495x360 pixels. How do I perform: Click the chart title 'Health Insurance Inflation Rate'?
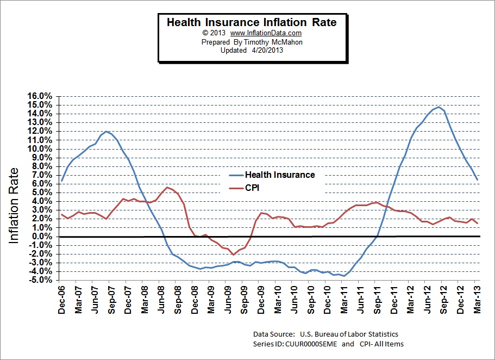[x=251, y=22]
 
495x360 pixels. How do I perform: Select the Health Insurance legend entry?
[x=279, y=175]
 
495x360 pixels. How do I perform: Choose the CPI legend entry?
[x=253, y=188]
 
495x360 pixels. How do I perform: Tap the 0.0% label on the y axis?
[x=41, y=237]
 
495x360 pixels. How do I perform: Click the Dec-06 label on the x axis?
[x=62, y=300]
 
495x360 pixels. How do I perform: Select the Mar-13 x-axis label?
[x=477, y=300]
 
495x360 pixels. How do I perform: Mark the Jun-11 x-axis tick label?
[x=359, y=300]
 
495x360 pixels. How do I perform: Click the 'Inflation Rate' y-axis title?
[x=15, y=205]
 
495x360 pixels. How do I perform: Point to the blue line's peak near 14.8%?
[x=438, y=107]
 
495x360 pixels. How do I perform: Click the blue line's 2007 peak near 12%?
[x=107, y=132]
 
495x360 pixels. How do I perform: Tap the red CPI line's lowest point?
[x=233, y=255]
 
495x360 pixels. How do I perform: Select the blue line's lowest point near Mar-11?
[x=344, y=276]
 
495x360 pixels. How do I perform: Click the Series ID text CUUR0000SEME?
[x=312, y=344]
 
